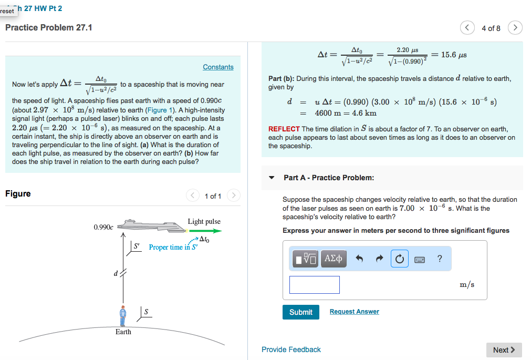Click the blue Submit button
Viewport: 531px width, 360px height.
tap(300, 312)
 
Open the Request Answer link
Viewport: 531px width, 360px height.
tap(354, 312)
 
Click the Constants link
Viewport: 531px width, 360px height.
tap(218, 67)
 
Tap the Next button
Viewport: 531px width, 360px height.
tap(504, 349)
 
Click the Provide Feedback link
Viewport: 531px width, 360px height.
tap(291, 349)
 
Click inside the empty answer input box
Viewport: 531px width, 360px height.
tap(314, 285)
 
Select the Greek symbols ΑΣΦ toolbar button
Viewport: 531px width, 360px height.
tap(334, 259)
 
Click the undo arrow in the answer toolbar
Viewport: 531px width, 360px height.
tap(360, 259)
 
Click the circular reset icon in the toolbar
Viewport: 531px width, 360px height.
tap(399, 259)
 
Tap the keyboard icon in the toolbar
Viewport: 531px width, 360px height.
tap(420, 259)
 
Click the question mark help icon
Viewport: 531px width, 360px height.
tap(440, 258)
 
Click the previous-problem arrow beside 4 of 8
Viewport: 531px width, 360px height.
tap(467, 28)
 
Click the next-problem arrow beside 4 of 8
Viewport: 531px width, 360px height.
tap(516, 28)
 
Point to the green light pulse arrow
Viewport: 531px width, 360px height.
tap(205, 230)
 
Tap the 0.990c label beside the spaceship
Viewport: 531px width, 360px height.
tap(103, 227)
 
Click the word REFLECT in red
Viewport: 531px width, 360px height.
tap(284, 129)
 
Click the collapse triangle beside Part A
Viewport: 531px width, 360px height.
tap(272, 178)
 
